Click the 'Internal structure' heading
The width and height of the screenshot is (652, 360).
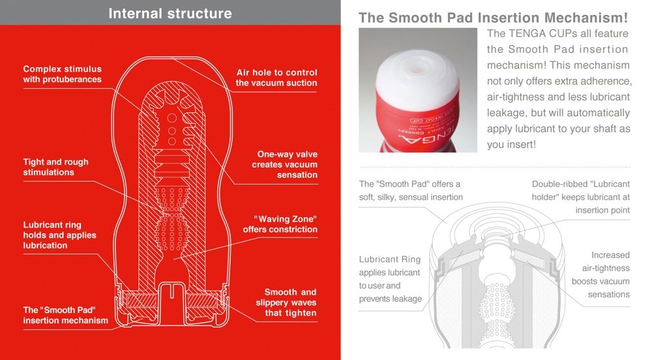170,13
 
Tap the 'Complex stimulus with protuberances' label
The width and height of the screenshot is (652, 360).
63,74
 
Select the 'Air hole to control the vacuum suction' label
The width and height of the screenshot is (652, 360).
276,78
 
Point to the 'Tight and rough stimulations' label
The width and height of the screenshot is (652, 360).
55,167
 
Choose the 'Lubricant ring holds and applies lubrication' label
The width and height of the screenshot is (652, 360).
59,235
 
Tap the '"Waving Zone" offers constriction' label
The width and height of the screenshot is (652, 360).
280,224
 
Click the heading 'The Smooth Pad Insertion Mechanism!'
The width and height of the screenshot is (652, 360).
493,18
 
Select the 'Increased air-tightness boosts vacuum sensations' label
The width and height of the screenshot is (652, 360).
600,275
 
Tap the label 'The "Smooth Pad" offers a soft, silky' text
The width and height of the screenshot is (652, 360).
410,190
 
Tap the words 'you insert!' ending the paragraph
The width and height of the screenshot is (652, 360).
511,144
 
